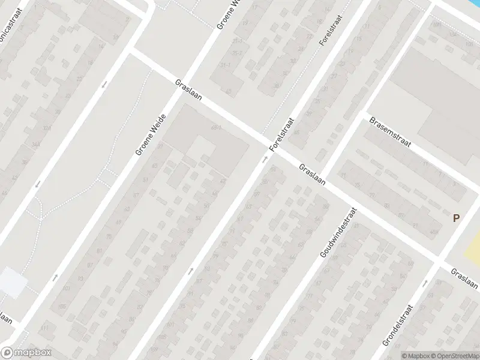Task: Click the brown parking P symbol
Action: point(456,218)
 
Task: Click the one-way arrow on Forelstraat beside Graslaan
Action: point(264,160)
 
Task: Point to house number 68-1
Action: point(217,127)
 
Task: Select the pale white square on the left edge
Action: point(12,282)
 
